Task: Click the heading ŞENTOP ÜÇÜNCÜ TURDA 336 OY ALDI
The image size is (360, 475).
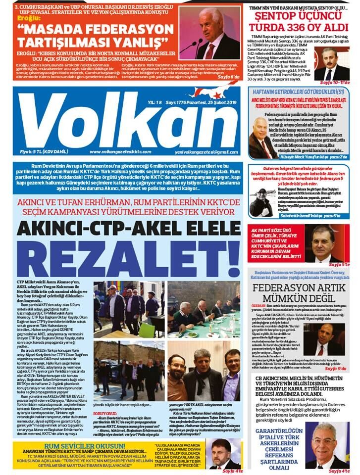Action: coord(299,22)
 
